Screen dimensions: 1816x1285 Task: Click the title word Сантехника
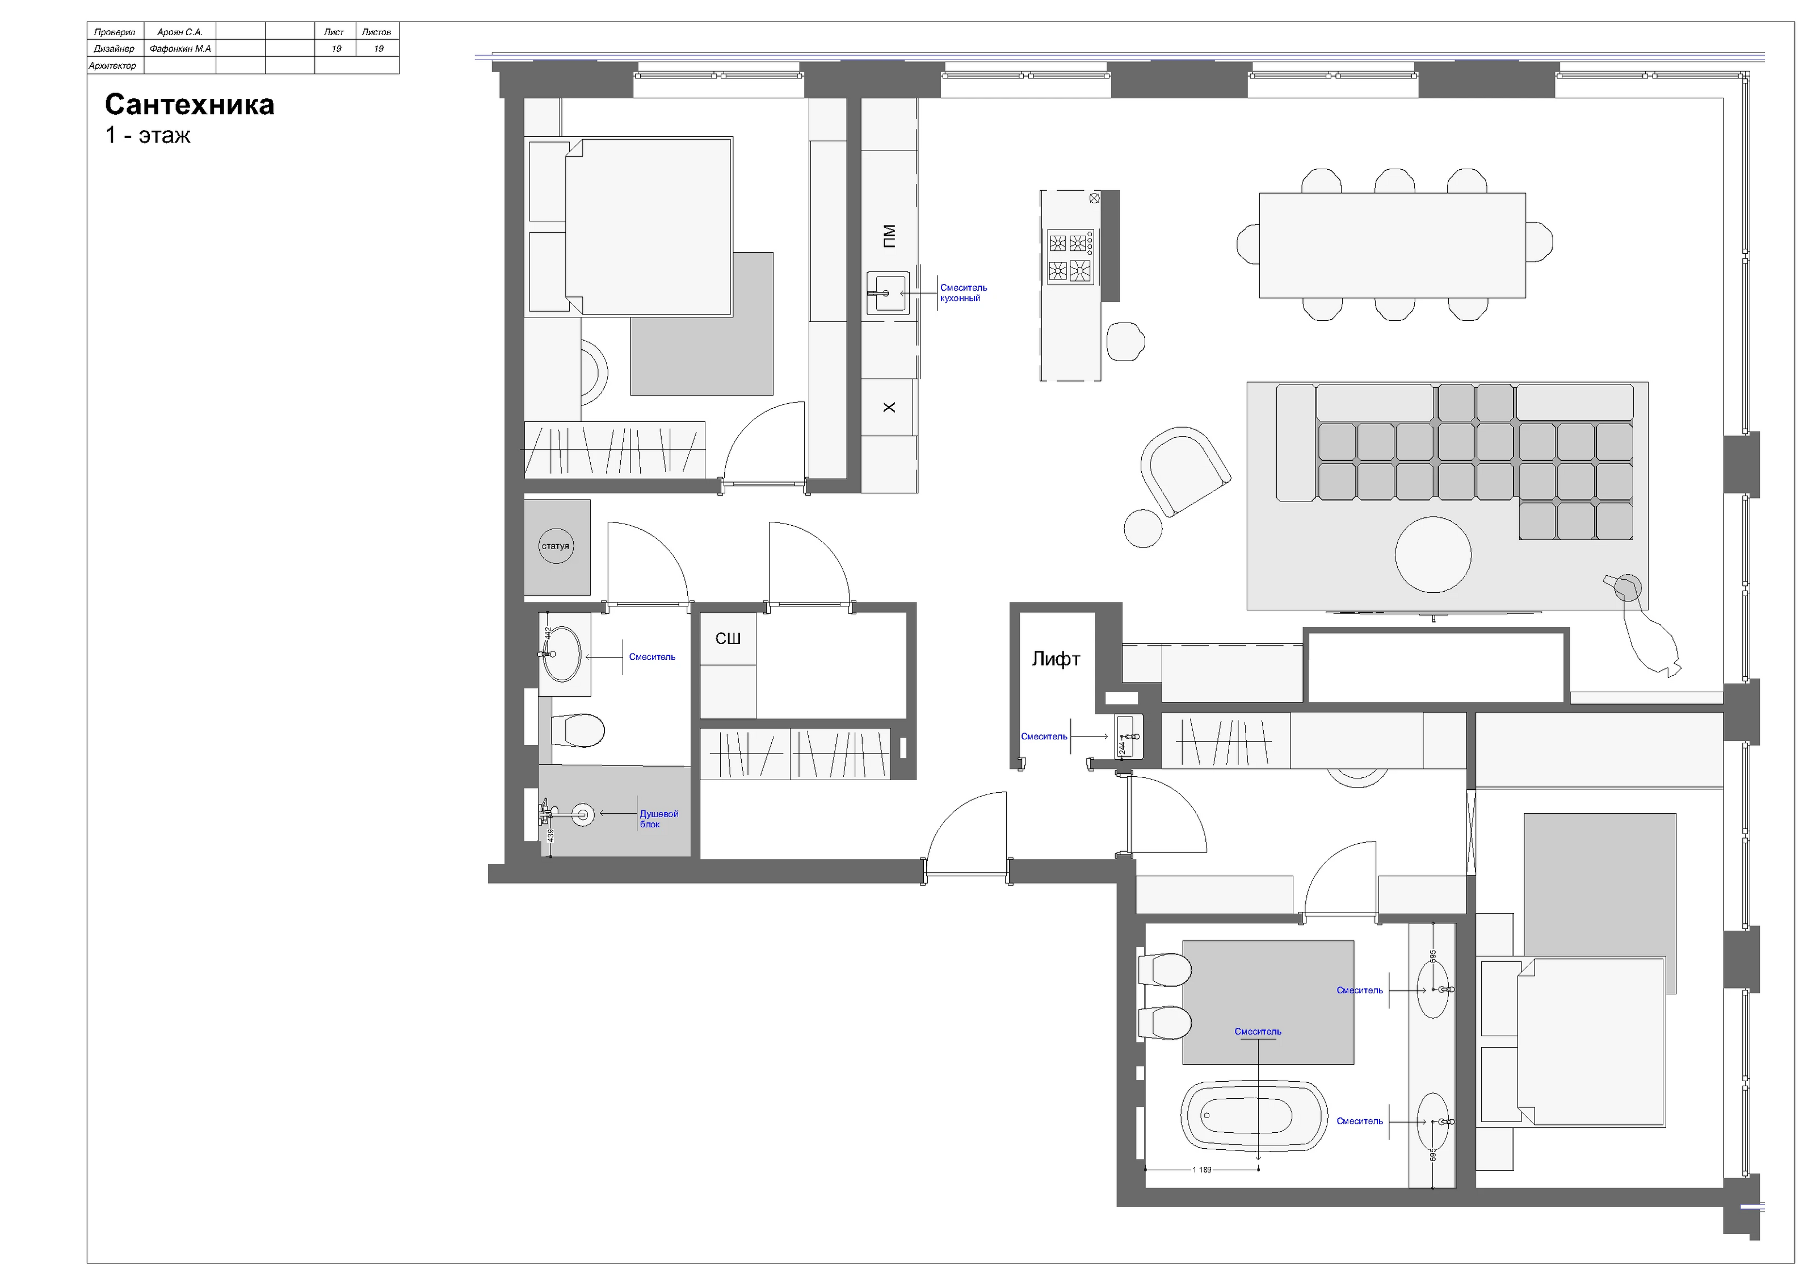pos(189,104)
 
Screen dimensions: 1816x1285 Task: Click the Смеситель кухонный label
pos(964,293)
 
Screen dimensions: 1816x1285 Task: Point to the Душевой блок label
pos(659,819)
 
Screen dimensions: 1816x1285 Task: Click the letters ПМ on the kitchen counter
pos(889,236)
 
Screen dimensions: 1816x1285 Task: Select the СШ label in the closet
pos(728,639)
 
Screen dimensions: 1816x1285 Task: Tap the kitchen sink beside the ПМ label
pos(888,293)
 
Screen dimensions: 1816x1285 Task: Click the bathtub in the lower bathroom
pos(1254,1116)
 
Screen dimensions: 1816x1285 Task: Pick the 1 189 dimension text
pos(1201,1170)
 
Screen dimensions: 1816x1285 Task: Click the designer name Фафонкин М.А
pos(180,49)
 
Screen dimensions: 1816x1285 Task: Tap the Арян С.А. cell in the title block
pos(180,32)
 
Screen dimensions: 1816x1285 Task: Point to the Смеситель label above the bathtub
pos(1258,1032)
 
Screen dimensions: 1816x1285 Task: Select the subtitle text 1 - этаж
pos(149,135)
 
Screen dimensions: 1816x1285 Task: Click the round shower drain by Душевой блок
pos(583,814)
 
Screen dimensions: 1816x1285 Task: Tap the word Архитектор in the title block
pos(112,66)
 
